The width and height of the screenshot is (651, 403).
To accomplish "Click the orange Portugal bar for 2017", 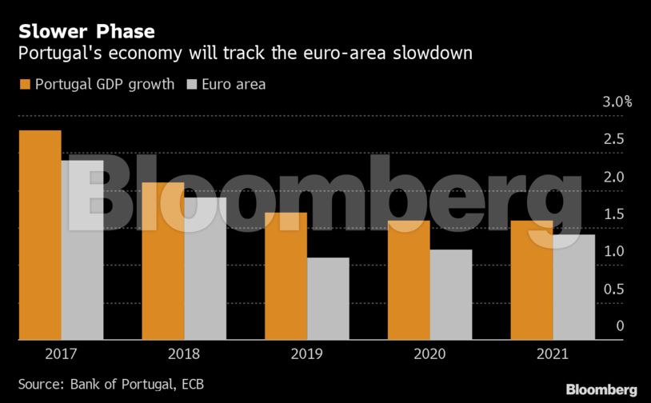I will (40, 235).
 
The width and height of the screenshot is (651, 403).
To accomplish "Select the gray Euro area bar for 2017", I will (82, 250).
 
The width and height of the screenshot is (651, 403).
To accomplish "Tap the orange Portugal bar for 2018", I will (163, 261).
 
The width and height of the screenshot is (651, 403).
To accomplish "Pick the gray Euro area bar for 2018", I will (205, 269).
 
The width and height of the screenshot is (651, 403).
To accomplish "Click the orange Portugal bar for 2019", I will (286, 276).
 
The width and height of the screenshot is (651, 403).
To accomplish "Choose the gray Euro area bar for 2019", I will (328, 298).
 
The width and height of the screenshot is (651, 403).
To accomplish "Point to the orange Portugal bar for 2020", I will (409, 280).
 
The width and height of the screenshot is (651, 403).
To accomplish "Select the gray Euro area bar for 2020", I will (450, 294).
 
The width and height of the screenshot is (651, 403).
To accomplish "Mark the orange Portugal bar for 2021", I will (531, 280).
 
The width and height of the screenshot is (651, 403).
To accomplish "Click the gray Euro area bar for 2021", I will (573, 287).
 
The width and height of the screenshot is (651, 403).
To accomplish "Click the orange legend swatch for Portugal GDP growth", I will (24, 84).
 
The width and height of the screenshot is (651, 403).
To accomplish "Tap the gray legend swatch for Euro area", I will (192, 84).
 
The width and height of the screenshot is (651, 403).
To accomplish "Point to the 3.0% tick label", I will (617, 102).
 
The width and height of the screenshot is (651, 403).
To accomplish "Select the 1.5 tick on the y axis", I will (614, 213).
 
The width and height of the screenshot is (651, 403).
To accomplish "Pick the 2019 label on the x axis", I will (306, 353).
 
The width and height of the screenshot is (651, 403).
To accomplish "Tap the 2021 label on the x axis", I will (552, 353).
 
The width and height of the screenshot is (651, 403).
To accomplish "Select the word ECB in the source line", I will (190, 385).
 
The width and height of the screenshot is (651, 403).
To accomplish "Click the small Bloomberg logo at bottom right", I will (601, 389).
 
